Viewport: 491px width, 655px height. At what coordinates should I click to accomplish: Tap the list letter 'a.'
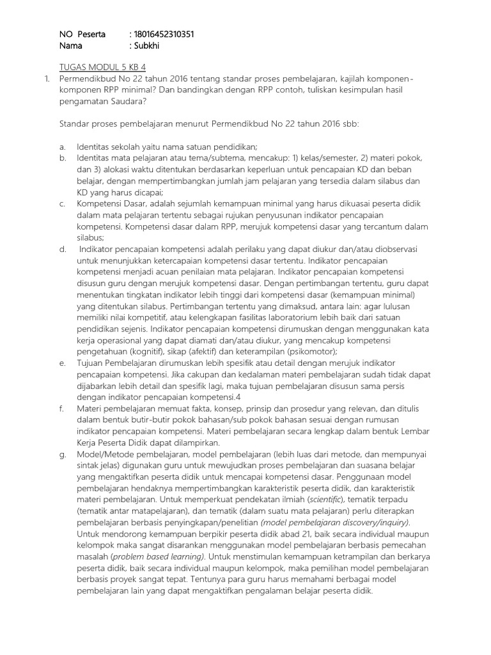pyautogui.click(x=63, y=146)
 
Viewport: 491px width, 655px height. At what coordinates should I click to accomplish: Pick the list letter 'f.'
pyautogui.click(x=62, y=407)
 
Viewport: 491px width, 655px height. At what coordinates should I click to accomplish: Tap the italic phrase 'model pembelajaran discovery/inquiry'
pyautogui.click(x=335, y=522)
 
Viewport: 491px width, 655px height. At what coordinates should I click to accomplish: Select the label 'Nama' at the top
pyautogui.click(x=71, y=45)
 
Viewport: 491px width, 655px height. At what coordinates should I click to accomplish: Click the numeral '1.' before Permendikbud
pyautogui.click(x=46, y=78)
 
